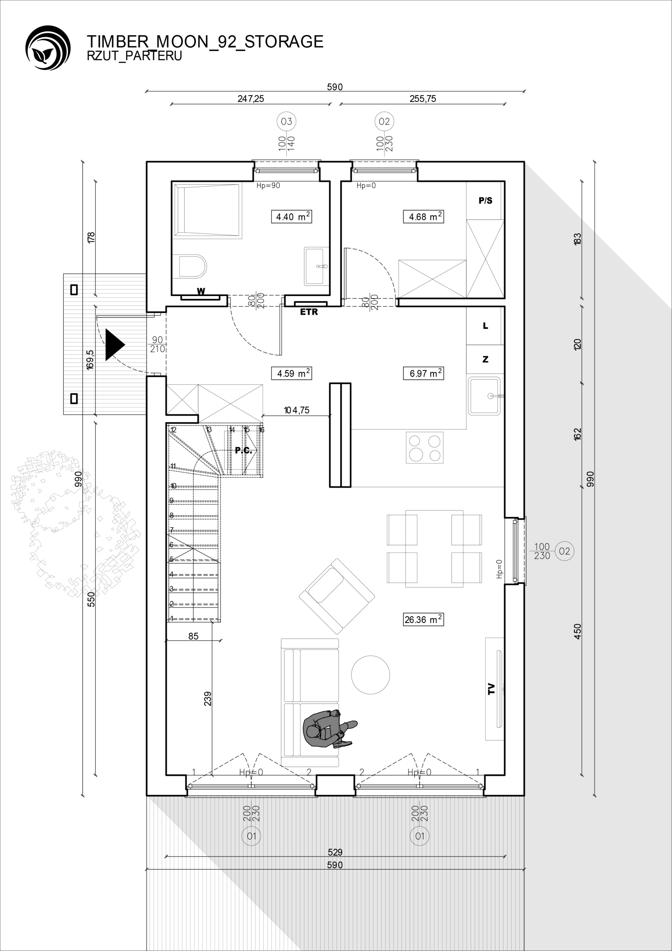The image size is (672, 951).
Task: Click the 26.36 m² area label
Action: pyautogui.click(x=423, y=619)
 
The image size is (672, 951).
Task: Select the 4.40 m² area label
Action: pyautogui.click(x=291, y=217)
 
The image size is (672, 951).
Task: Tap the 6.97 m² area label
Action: pyautogui.click(x=424, y=373)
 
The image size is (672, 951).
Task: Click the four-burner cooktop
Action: pyautogui.click(x=424, y=447)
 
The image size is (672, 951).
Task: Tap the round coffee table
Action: pyautogui.click(x=371, y=675)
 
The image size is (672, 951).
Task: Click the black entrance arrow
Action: pyautogui.click(x=115, y=345)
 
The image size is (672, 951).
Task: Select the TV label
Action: pyautogui.click(x=492, y=689)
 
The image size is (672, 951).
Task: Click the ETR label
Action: pyautogui.click(x=309, y=312)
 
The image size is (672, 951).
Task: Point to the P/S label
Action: pyautogui.click(x=485, y=201)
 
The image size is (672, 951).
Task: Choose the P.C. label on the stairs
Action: pyautogui.click(x=244, y=450)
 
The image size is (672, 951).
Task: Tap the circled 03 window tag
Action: pyautogui.click(x=287, y=121)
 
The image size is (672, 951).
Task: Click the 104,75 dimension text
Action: pyautogui.click(x=296, y=410)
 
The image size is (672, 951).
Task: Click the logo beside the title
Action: pyautogui.click(x=48, y=48)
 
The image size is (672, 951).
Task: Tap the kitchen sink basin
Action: pyautogui.click(x=485, y=396)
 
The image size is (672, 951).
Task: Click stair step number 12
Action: pyautogui.click(x=173, y=430)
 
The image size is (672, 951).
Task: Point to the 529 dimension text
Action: pyautogui.click(x=335, y=852)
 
